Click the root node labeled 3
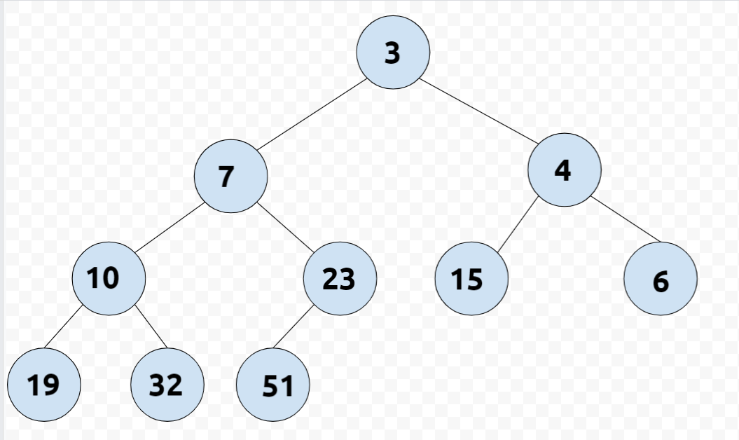(x=392, y=53)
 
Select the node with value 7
(x=230, y=176)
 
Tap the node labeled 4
(x=564, y=170)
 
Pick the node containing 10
(x=109, y=279)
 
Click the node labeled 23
(x=340, y=279)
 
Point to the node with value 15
(x=471, y=279)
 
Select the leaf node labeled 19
(x=43, y=385)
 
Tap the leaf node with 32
(x=167, y=385)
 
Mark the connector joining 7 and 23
(x=285, y=228)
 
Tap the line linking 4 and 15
(x=517, y=225)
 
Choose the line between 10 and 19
(x=68, y=326)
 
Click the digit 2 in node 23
(x=331, y=280)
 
